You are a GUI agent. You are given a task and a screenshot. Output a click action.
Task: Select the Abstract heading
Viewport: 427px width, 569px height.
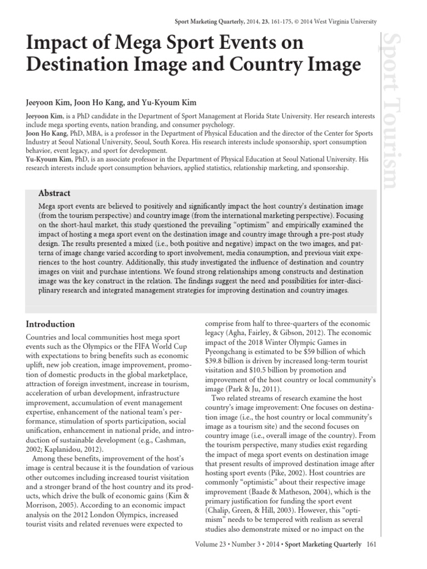coord(54,193)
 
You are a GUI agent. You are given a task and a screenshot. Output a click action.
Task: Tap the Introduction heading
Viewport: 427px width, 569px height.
coord(51,324)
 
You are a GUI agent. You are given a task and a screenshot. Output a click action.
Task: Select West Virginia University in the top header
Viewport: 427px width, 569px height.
coord(344,22)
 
